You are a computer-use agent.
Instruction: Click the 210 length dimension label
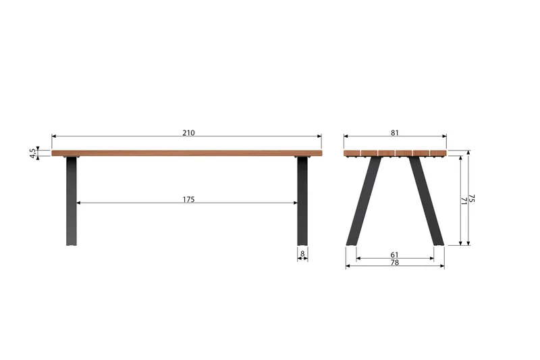click(188, 133)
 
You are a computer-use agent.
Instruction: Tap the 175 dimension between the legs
click(188, 199)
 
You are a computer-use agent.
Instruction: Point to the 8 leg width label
click(302, 254)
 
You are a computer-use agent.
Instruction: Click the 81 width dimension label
click(396, 133)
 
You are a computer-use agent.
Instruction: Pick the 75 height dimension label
click(473, 199)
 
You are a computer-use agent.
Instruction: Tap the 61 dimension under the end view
click(395, 255)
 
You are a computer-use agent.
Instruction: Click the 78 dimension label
click(395, 263)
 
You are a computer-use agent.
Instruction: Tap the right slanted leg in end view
click(427, 200)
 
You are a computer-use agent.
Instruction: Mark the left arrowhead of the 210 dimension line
click(54, 136)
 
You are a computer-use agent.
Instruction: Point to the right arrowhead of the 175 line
click(294, 203)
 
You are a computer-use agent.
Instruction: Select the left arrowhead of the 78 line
click(348, 266)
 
